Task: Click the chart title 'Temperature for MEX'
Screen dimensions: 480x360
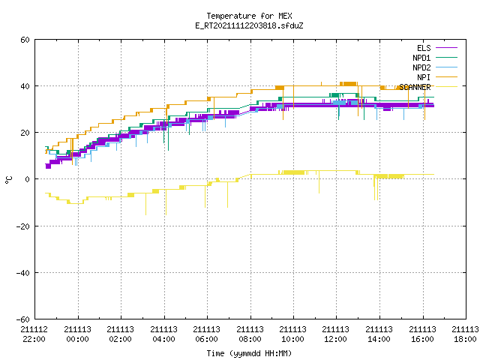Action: click(249, 16)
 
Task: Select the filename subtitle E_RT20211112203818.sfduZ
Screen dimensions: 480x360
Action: click(249, 25)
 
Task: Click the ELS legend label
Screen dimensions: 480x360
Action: click(424, 48)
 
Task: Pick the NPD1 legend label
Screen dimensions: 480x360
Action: click(421, 58)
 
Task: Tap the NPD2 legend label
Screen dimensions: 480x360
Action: click(421, 67)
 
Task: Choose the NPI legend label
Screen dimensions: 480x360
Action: click(424, 77)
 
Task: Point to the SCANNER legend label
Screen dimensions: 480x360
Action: click(415, 87)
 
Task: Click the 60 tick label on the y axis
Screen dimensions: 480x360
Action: click(25, 40)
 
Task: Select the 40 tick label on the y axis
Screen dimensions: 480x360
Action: click(25, 86)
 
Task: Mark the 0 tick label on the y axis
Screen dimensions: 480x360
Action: click(27, 179)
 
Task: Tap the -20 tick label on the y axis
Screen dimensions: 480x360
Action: click(23, 226)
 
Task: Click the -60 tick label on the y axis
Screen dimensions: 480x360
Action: click(23, 319)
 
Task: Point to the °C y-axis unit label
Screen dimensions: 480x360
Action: click(8, 180)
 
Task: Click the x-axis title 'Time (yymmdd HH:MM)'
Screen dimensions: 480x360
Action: click(249, 353)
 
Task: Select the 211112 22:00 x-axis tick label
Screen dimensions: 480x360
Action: click(34, 334)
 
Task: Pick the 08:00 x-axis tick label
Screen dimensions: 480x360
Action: click(250, 339)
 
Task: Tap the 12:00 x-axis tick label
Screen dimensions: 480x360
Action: click(336, 339)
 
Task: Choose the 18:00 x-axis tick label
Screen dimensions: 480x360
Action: click(465, 339)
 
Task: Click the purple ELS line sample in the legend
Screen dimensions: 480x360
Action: click(446, 48)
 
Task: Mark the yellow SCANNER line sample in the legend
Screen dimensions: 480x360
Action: click(446, 87)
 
